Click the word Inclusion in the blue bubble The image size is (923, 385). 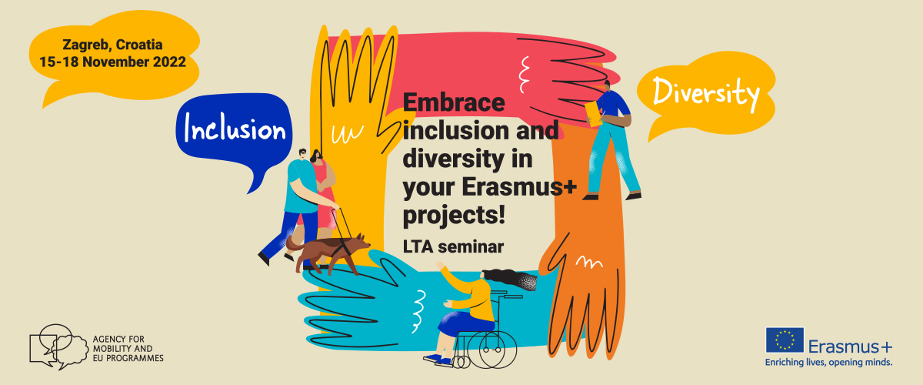pos(235,128)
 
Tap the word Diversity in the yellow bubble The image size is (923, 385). pos(706,94)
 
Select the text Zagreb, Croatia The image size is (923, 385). pos(112,45)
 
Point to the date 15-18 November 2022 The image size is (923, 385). pos(112,62)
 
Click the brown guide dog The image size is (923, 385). pos(328,251)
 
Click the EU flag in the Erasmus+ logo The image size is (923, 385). pos(785,340)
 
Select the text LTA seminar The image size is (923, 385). pos(453,246)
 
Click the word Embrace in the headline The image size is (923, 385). pos(454,102)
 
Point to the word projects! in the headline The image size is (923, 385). pos(454,216)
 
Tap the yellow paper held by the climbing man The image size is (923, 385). pos(593,114)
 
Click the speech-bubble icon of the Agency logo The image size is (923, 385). pos(58,346)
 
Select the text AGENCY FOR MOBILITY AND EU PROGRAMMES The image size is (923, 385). pos(128,349)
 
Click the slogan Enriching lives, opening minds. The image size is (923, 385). pos(828,363)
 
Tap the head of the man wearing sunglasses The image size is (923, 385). pos(303,154)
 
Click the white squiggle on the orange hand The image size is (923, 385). pos(589,262)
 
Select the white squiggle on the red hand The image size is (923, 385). pos(524,74)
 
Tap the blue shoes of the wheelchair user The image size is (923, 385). pos(438,360)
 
